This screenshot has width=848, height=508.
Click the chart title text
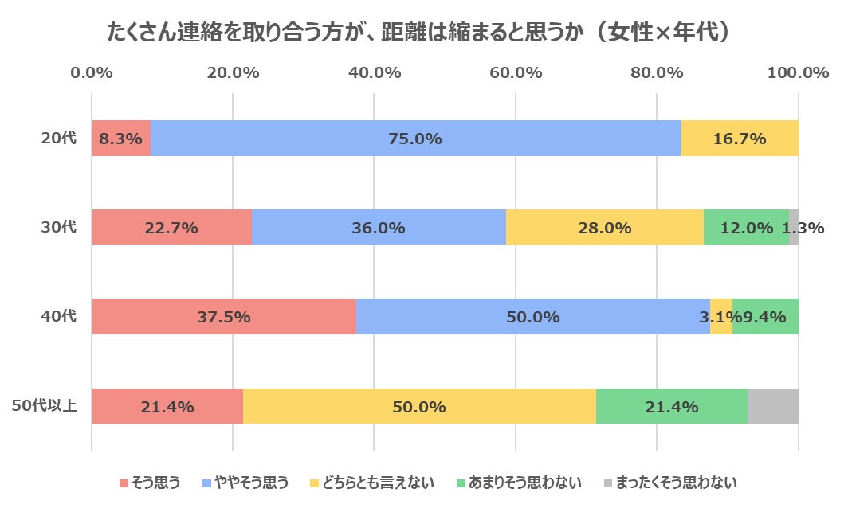pos(420,32)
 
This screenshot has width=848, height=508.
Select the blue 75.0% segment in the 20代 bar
pos(415,139)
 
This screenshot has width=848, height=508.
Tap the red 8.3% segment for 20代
pos(121,139)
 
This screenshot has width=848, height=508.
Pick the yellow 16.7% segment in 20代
pos(740,139)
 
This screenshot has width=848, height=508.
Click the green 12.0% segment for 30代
pos(746,228)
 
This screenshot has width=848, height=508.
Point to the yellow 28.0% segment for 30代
pos(605,228)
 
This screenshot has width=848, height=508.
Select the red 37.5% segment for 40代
pos(224,317)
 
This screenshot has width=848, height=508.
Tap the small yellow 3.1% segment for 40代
pos(721,317)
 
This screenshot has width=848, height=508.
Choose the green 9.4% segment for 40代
pos(765,317)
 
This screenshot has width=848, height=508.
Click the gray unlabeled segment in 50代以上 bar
pos(773,406)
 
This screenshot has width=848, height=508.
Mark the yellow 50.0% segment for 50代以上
pos(419,406)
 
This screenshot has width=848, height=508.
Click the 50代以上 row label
pos(45,406)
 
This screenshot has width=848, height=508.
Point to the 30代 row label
pos(59,228)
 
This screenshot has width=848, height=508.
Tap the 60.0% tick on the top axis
pos(516,72)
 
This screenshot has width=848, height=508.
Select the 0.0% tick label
pos(91,72)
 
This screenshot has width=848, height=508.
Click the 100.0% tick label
pos(799,72)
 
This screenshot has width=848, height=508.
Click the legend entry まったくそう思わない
pos(670,483)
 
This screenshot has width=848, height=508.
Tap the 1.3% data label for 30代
pos(803,228)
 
